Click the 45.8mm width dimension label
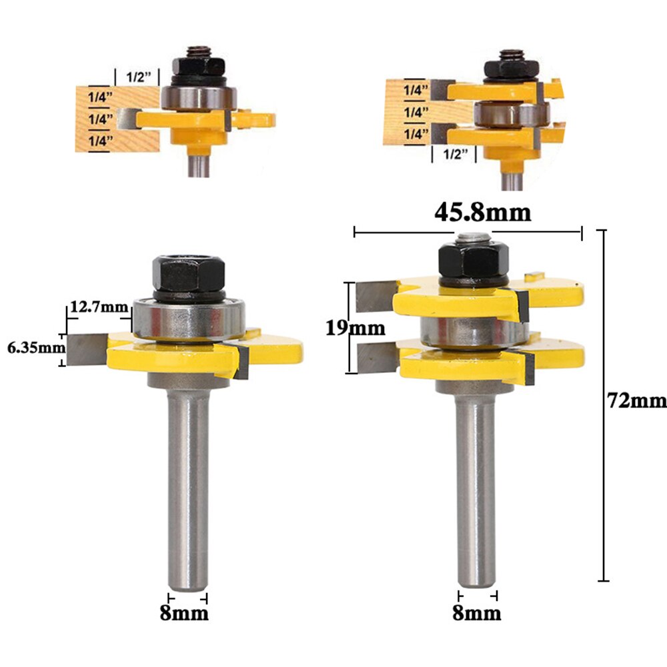coord(483,212)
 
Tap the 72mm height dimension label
coord(636,400)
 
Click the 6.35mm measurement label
coord(32,348)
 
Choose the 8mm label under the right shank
coord(478,612)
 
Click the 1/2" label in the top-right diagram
coord(456,155)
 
